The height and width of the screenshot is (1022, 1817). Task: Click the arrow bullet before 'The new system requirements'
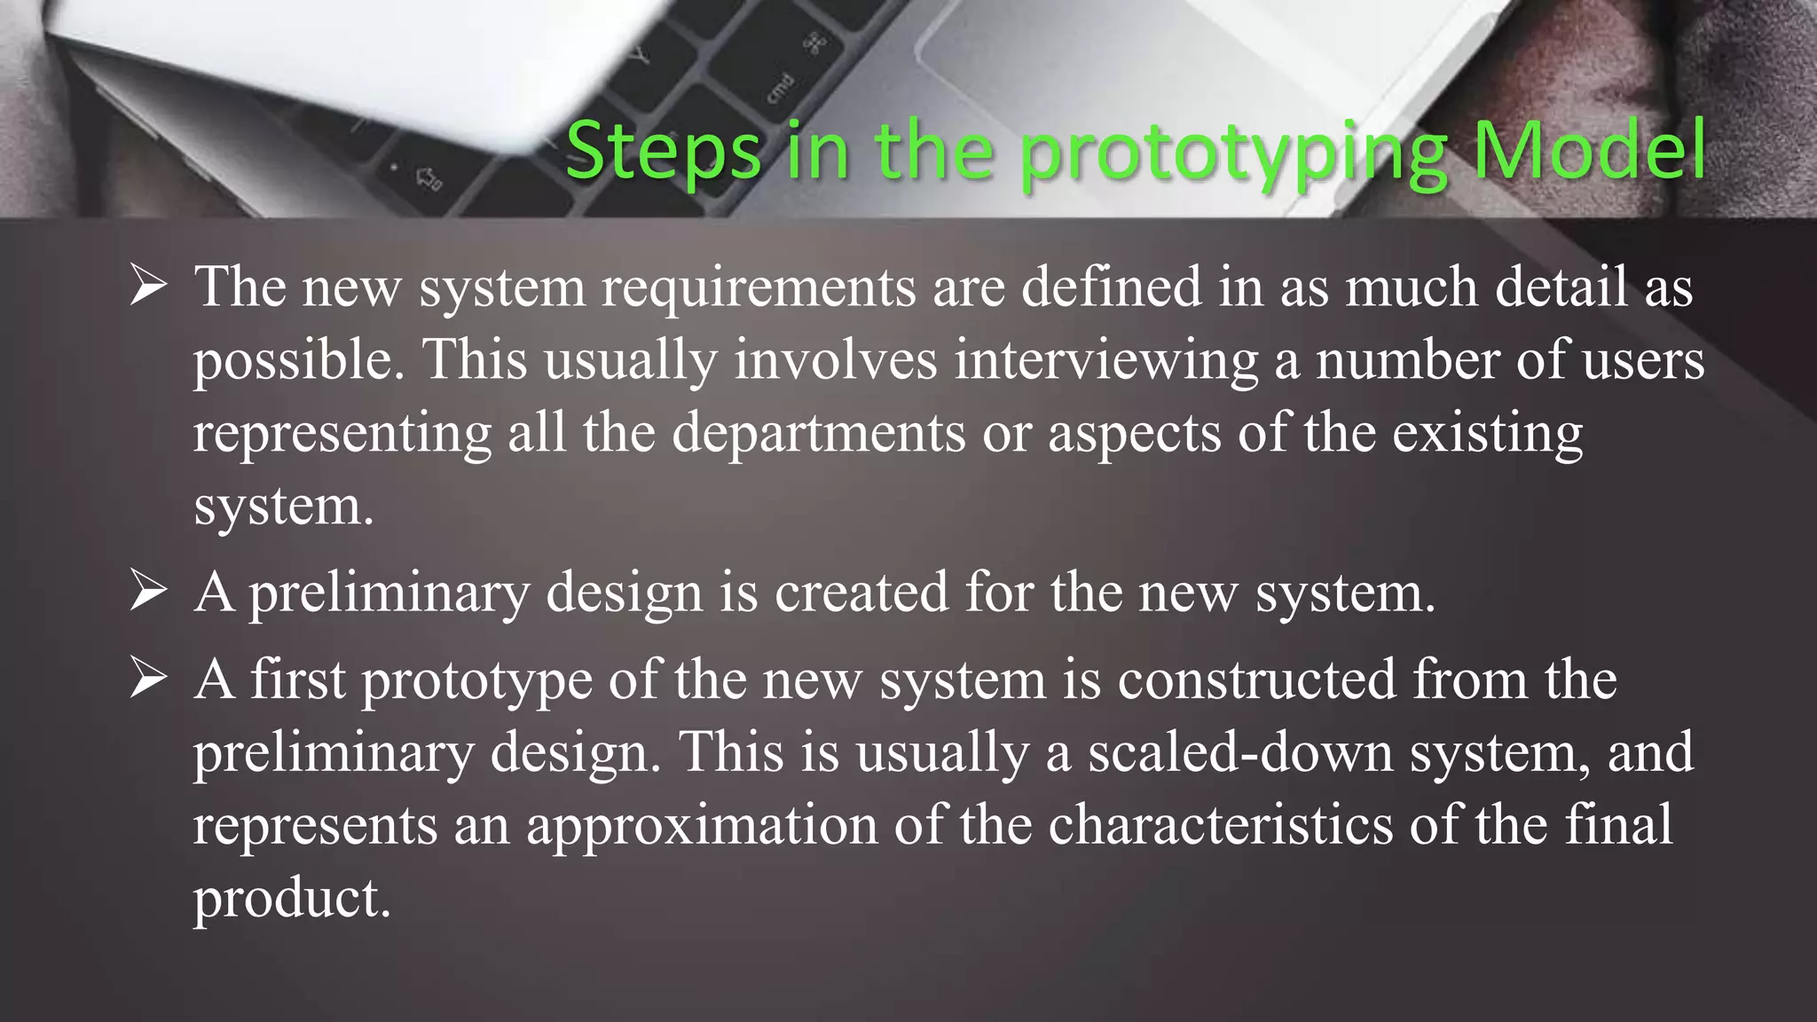coord(148,287)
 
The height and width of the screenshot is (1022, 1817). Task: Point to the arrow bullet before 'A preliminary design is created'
coord(148,592)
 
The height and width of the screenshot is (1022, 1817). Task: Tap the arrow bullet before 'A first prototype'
coord(148,679)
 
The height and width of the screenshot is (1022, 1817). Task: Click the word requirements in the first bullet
coord(759,288)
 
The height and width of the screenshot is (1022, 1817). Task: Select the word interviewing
coord(1105,361)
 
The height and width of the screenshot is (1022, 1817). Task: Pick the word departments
coord(818,434)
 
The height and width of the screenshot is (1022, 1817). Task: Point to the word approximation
coord(702,825)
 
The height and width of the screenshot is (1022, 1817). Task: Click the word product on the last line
coord(291,899)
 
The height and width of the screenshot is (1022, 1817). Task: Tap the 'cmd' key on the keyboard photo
coord(781,89)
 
